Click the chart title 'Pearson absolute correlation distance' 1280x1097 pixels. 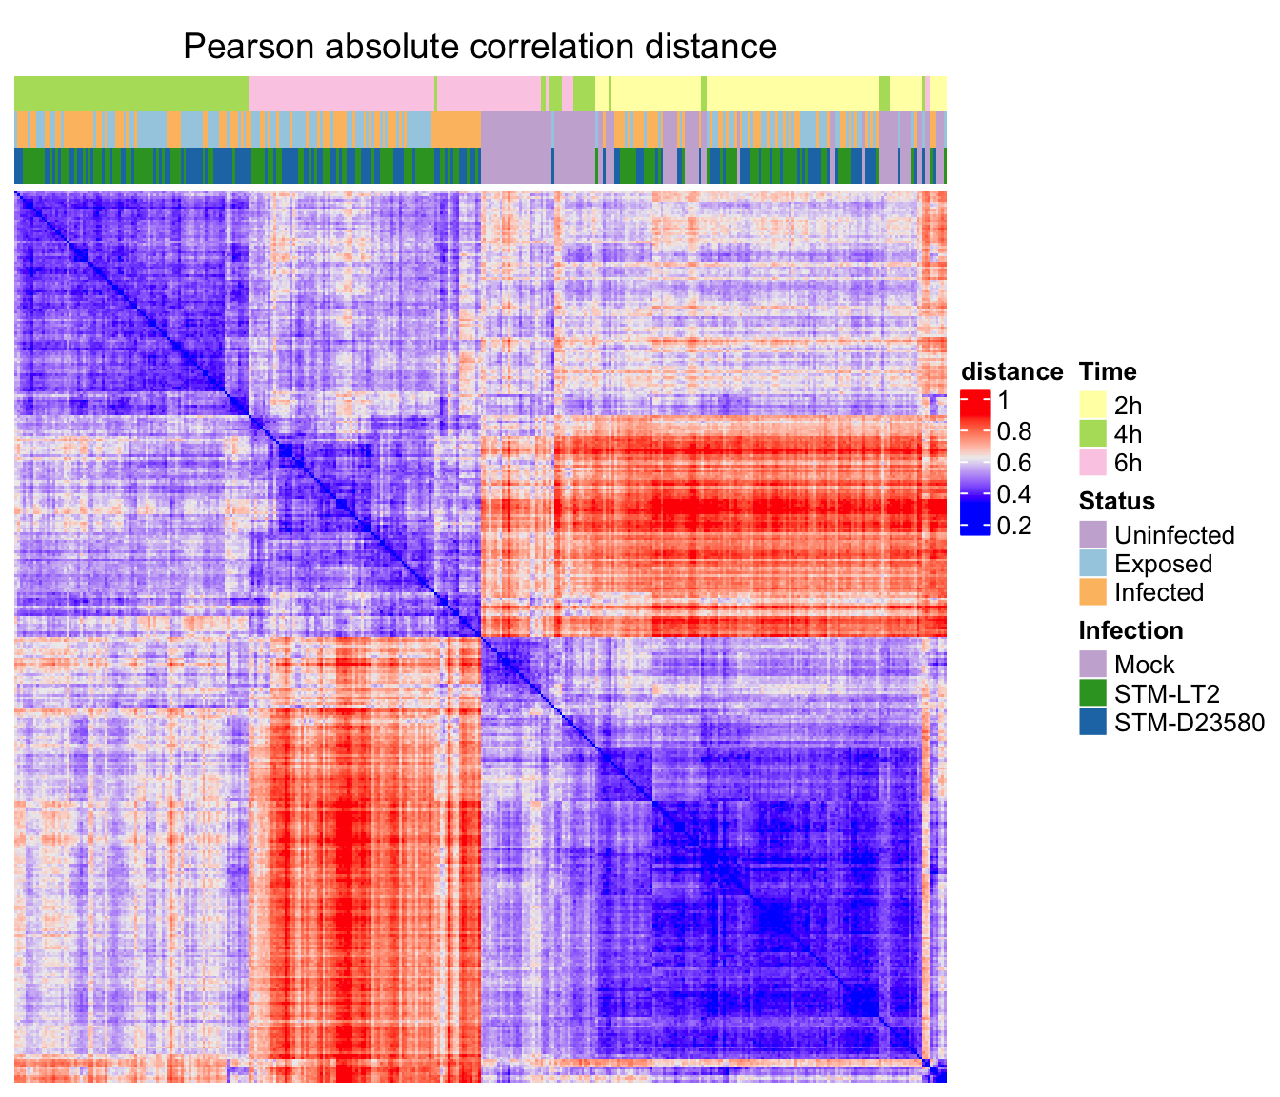pos(480,46)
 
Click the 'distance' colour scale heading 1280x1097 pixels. pos(1011,371)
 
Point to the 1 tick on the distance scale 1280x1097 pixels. pos(1003,401)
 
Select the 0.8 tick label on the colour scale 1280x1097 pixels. pos(1013,432)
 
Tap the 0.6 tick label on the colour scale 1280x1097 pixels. pos(1013,464)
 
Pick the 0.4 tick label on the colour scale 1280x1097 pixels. pos(1013,494)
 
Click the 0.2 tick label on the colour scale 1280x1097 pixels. pos(1013,526)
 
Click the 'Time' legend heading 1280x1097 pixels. pos(1107,371)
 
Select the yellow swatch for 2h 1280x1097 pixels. pos(1092,405)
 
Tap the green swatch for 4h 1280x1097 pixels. pos(1092,434)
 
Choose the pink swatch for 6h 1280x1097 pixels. pos(1092,463)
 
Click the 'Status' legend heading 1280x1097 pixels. pos(1116,501)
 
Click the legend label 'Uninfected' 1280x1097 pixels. pos(1174,535)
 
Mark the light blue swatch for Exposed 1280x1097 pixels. pos(1092,564)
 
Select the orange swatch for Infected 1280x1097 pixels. pos(1092,592)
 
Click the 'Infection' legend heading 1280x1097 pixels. pos(1130,630)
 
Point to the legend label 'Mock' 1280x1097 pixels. pos(1144,665)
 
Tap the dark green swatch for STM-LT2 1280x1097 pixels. pos(1092,692)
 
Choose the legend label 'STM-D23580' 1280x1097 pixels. pos(1189,723)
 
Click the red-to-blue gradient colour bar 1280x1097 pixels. pos(974,463)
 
